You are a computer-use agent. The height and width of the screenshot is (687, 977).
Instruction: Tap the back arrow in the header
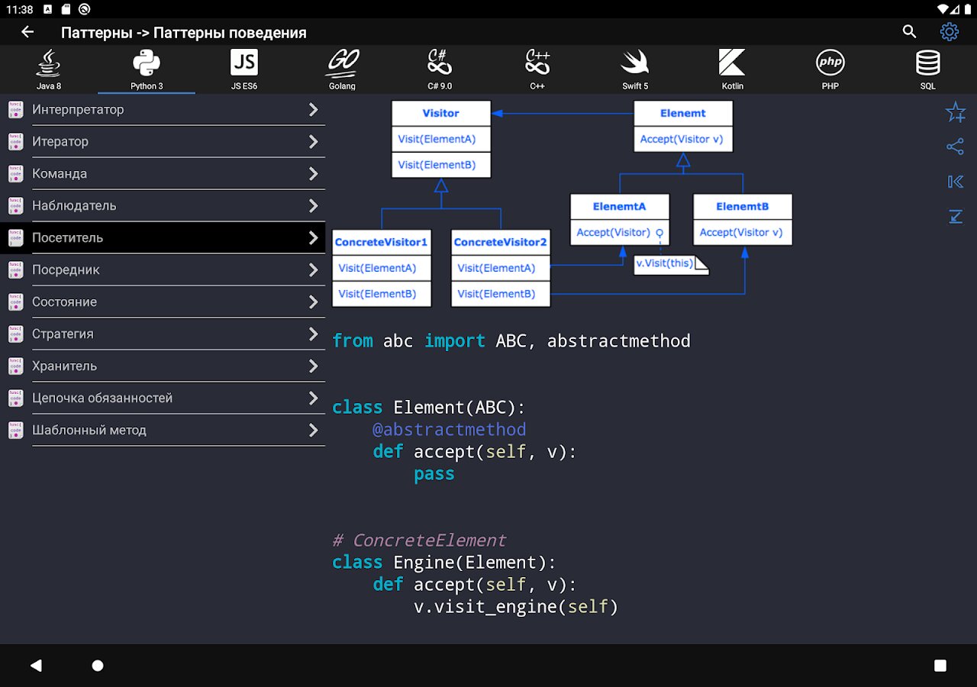tap(27, 32)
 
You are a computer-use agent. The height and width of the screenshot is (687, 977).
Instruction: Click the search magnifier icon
tap(909, 31)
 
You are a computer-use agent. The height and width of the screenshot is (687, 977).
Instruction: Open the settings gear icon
tap(949, 32)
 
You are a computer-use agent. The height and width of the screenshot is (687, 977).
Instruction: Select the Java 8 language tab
tap(48, 69)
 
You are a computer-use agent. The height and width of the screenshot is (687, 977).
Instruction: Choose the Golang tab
tap(342, 69)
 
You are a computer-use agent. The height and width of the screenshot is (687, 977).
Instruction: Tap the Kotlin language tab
tap(732, 69)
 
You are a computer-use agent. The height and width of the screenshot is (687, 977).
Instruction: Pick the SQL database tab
tap(927, 69)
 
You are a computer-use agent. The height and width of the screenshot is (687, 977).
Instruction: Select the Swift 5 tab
tap(635, 69)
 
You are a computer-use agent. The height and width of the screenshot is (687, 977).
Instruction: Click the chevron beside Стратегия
tap(313, 334)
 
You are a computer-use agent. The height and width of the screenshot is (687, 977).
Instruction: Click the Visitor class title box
tap(441, 114)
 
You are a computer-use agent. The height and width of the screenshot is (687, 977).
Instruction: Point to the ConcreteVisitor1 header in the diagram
tap(381, 242)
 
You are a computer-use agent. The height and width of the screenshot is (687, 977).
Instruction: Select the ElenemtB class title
tap(743, 206)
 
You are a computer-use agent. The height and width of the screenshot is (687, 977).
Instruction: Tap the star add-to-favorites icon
tap(955, 112)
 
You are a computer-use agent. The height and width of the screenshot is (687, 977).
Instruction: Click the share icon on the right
tap(955, 147)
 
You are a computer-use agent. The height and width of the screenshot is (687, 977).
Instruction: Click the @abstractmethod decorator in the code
tap(450, 430)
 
